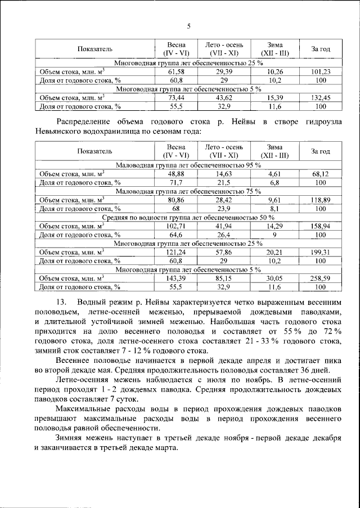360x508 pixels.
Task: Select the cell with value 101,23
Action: click(x=319, y=71)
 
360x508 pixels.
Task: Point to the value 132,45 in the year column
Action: click(x=319, y=97)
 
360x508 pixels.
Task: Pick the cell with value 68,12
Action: click(x=319, y=174)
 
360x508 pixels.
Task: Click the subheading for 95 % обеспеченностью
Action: click(x=188, y=165)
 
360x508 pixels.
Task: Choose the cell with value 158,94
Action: click(x=319, y=226)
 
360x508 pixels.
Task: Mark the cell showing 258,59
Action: click(x=319, y=278)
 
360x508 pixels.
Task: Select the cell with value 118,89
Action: click(x=319, y=200)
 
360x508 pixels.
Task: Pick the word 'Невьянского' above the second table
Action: click(x=57, y=130)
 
